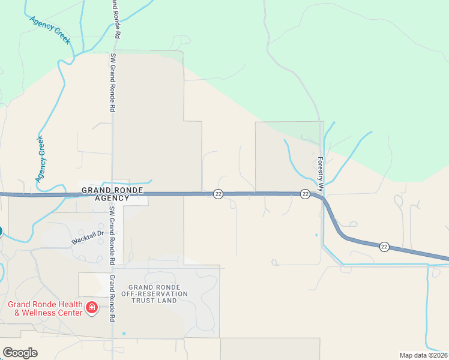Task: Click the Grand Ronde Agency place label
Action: point(112,194)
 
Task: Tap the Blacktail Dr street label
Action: point(88,237)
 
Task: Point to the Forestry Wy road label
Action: point(321,175)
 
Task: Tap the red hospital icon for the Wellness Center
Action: point(92,308)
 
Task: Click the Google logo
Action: point(20,353)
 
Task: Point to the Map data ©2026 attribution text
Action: point(423,355)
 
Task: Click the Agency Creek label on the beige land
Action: point(41,160)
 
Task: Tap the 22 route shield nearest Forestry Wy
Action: point(306,193)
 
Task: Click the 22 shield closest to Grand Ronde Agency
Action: point(218,193)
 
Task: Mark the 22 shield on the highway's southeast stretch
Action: point(384,246)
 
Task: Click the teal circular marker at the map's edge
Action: point(1,231)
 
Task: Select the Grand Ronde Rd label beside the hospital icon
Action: point(112,299)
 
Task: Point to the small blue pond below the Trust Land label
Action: point(124,333)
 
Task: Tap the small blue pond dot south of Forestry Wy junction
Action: point(316,235)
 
